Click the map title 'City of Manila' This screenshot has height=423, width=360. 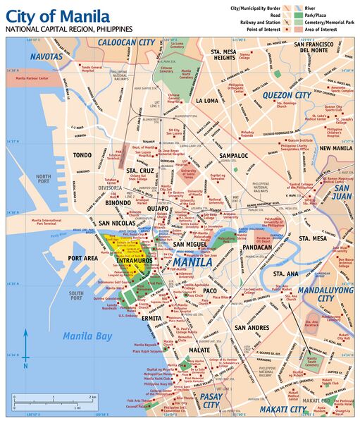(x=57, y=16)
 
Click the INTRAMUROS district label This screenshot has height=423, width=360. (x=135, y=261)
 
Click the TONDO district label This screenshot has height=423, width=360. (x=82, y=155)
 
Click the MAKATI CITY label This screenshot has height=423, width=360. (x=283, y=409)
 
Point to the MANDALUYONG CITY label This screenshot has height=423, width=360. (x=325, y=294)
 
